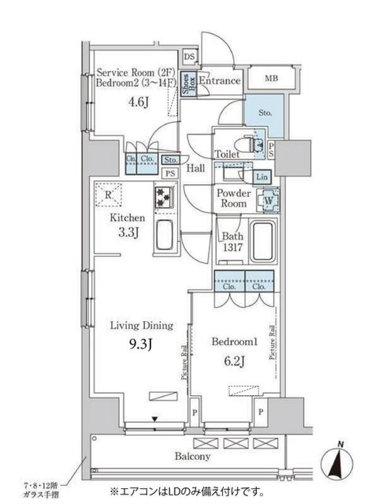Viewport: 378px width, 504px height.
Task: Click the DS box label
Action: [189, 57]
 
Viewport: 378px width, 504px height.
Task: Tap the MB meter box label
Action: [271, 78]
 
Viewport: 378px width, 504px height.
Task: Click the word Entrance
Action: [219, 81]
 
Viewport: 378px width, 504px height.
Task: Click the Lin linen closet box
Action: [262, 177]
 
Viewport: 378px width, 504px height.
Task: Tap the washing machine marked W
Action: [269, 200]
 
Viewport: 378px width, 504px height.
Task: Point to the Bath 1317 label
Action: [232, 242]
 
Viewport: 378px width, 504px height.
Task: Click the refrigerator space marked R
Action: [108, 195]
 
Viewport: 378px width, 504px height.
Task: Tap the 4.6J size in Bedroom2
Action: [137, 102]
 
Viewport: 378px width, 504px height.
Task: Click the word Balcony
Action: [193, 457]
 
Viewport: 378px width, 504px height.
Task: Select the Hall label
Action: [195, 168]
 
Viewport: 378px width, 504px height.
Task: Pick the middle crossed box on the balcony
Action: [233, 443]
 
